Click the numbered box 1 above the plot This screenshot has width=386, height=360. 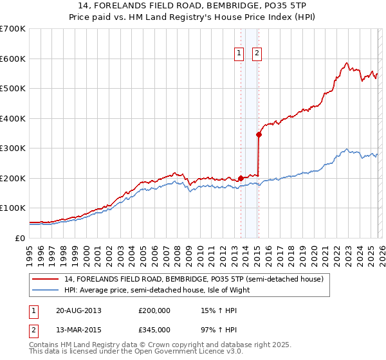click(239, 54)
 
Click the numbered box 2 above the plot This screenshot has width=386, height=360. click(257, 54)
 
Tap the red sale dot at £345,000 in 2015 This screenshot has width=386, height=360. click(259, 134)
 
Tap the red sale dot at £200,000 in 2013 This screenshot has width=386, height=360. click(241, 178)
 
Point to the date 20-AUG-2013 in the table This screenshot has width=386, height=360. click(78, 310)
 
